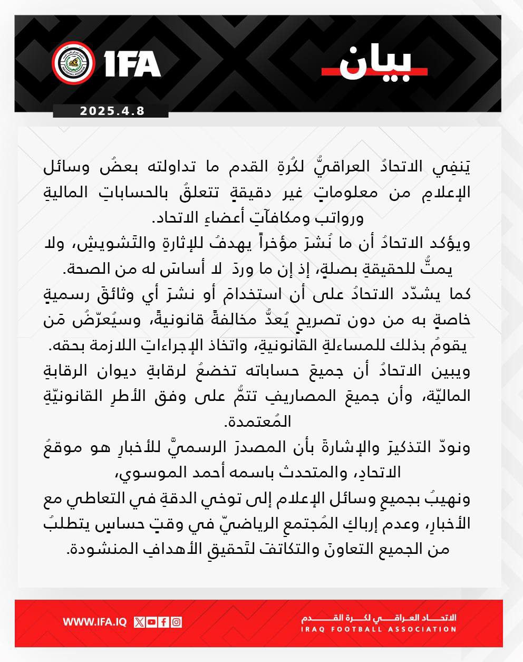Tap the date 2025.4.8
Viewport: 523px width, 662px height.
(x=112, y=111)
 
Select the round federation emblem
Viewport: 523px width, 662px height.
(x=73, y=63)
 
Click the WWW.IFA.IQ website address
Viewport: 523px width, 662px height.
(x=95, y=622)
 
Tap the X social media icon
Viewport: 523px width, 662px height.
(x=139, y=622)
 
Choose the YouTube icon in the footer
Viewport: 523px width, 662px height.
(x=151, y=622)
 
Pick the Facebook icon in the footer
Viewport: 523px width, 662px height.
(x=163, y=622)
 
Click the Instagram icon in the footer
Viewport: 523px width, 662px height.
(x=176, y=622)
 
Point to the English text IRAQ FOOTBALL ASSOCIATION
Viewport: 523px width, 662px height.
(x=379, y=629)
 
